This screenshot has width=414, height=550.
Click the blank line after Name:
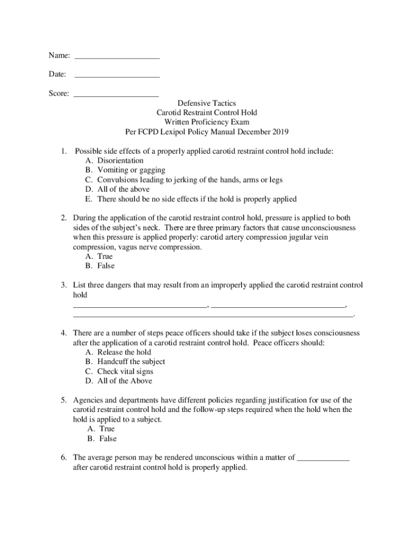(117, 56)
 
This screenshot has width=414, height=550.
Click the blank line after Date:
(117, 75)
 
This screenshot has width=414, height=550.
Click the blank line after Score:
(116, 95)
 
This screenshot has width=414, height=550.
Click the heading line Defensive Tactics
(206, 103)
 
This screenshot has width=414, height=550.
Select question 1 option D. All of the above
(117, 190)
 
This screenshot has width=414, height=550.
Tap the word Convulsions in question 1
(117, 180)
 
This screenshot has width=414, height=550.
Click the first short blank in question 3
(140, 305)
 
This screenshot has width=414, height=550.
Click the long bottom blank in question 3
(213, 314)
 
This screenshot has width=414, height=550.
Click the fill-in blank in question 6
(323, 460)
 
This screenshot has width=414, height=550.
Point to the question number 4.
(63, 333)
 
